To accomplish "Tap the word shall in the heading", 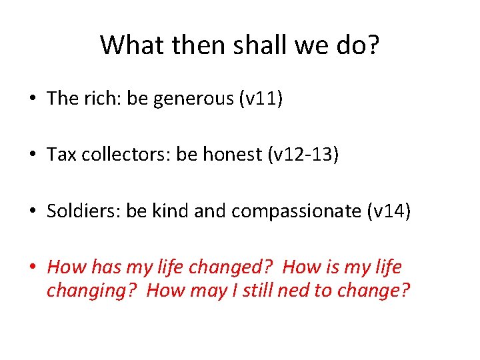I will [x=252, y=45].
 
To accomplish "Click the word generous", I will [x=193, y=99].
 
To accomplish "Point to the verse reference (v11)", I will [x=261, y=99].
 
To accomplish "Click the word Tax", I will [x=60, y=155].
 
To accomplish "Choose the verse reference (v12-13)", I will [x=303, y=155].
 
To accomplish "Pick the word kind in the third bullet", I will [x=170, y=211].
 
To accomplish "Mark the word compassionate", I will [x=295, y=212].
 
